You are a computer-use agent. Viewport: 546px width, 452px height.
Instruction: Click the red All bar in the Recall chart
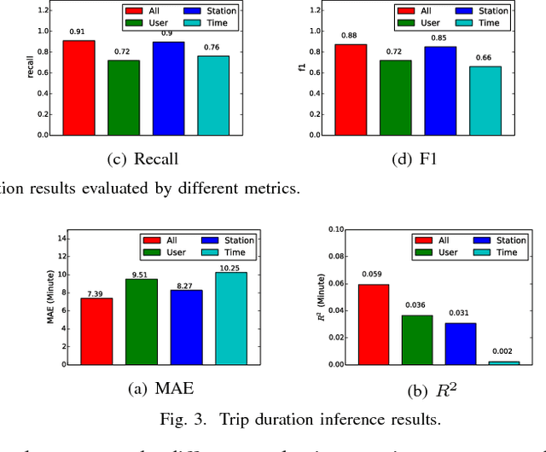(x=78, y=88)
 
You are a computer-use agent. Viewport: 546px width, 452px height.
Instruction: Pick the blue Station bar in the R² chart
(x=460, y=344)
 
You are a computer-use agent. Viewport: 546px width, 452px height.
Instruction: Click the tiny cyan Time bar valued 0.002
(x=504, y=362)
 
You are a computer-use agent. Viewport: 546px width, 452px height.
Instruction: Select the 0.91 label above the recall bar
(x=78, y=32)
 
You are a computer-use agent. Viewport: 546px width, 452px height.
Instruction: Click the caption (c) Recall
(x=144, y=159)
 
